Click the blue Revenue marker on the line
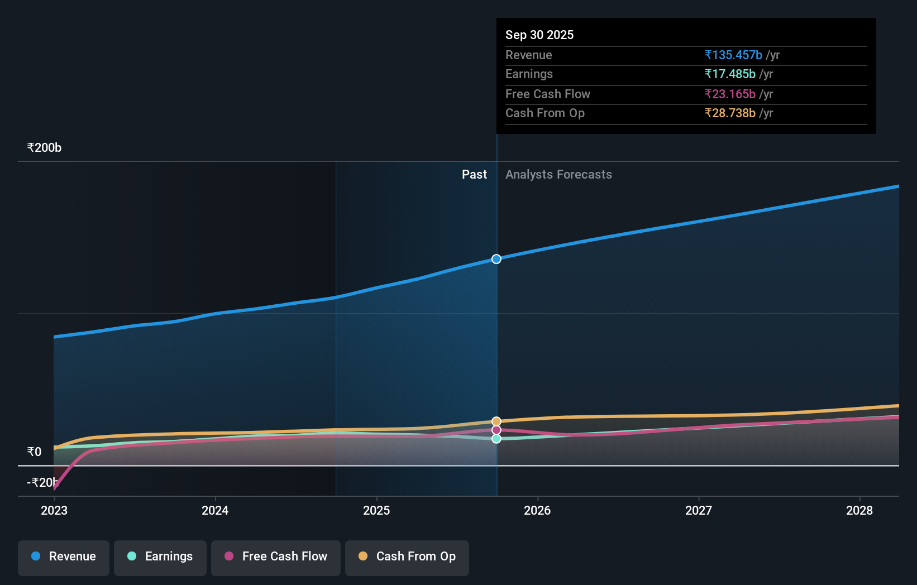tap(496, 259)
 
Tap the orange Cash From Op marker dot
tap(496, 421)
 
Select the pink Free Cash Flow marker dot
tap(496, 430)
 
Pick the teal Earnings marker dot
tap(496, 439)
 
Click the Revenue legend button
tap(64, 557)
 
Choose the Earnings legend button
tap(160, 557)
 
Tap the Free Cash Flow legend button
tap(276, 557)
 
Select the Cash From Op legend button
tap(407, 557)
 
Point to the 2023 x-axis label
tap(54, 510)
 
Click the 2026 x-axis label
tap(537, 510)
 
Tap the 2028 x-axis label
tap(859, 510)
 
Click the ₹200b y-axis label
tap(44, 148)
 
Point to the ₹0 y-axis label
tap(34, 452)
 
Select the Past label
tap(474, 175)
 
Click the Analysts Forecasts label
tap(558, 175)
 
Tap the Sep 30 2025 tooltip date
tap(539, 35)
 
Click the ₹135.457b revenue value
tap(733, 55)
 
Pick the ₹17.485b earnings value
tap(729, 74)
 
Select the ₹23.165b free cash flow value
tap(729, 94)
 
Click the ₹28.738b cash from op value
tap(729, 113)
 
